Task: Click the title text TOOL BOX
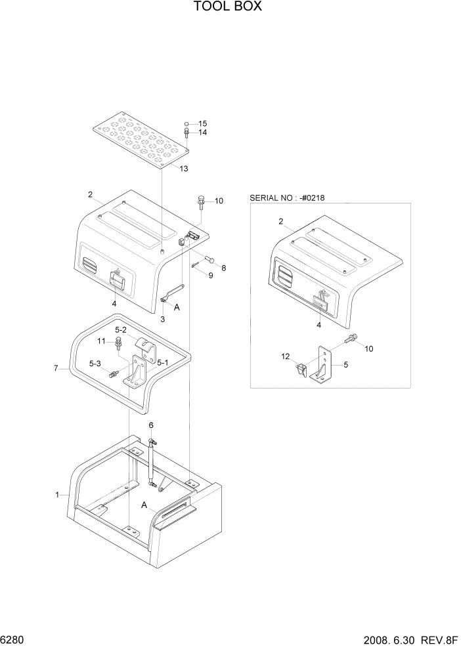click(228, 7)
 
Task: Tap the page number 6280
click(13, 639)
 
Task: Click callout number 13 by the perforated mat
click(183, 169)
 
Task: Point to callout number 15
click(202, 123)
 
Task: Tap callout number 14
click(202, 133)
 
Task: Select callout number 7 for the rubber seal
click(56, 369)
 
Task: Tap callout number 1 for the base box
click(58, 494)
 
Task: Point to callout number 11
click(102, 341)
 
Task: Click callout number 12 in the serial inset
click(285, 356)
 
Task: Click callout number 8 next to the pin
click(223, 267)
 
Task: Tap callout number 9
click(211, 276)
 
